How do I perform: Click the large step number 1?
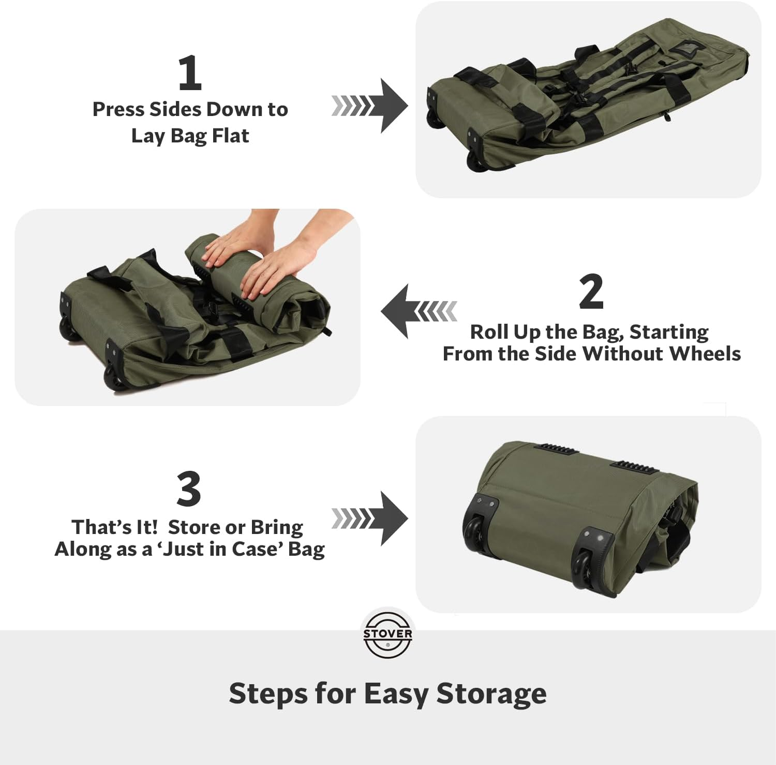(189, 73)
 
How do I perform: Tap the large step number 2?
(591, 292)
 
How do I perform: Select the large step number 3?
(189, 489)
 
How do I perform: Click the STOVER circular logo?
(387, 634)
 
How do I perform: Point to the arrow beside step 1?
(369, 106)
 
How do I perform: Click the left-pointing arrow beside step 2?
(419, 311)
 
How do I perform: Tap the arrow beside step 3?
(369, 518)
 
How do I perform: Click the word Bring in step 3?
(277, 527)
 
